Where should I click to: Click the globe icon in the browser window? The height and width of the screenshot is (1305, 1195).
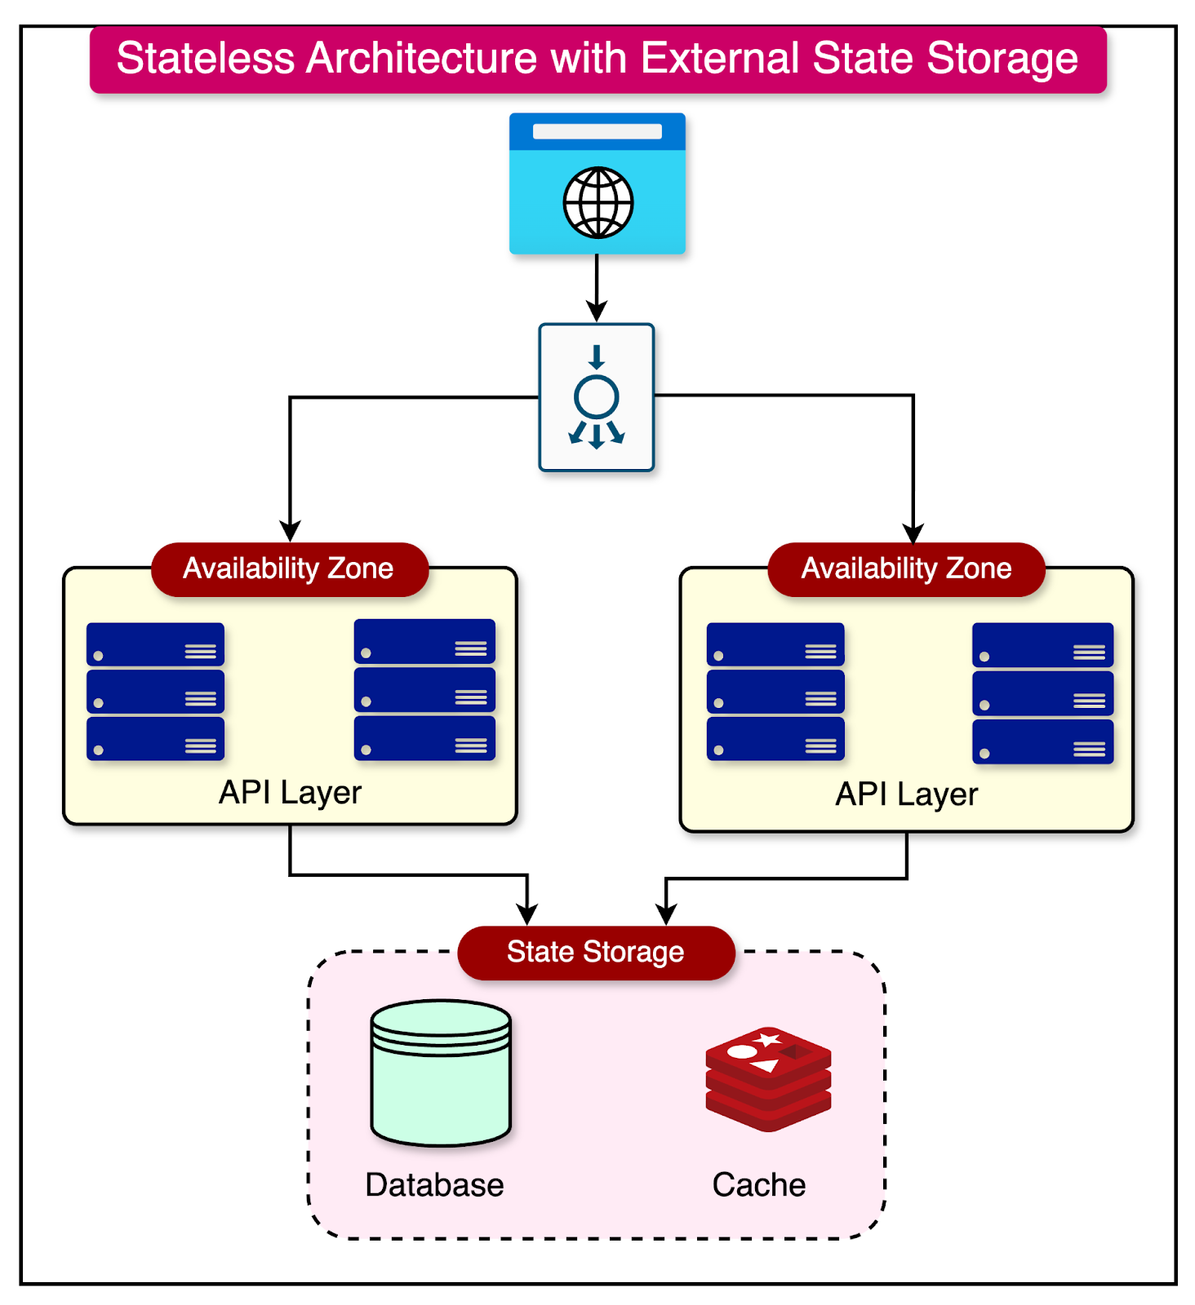pos(597,202)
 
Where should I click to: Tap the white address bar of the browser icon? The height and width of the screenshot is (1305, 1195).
pos(597,131)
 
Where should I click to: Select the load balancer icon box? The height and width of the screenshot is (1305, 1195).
pos(597,397)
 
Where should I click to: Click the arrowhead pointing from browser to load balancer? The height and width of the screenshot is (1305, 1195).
pos(597,311)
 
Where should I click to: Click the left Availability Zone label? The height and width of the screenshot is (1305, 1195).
pos(289,568)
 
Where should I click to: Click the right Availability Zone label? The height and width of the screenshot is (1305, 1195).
pos(906,568)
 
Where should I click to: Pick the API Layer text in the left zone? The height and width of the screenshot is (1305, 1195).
pos(290,793)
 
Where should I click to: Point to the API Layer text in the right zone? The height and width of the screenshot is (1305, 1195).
pos(906,794)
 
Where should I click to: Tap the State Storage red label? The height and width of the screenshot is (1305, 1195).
pos(596,952)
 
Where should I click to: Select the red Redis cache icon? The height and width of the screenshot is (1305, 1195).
pos(768,1078)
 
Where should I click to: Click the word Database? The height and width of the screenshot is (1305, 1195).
pos(434,1185)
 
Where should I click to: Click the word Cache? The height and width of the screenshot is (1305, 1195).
pos(758,1185)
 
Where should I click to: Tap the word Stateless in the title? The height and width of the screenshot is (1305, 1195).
pos(205,59)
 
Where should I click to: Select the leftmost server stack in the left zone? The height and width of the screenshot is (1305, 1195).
pos(155,692)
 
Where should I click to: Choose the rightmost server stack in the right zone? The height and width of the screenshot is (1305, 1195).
pos(1042,693)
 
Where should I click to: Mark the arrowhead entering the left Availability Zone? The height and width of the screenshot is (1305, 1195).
pos(290,531)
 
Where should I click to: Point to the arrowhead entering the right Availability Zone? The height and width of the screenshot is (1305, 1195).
pos(913,533)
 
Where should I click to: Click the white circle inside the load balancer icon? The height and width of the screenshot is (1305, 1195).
pos(597,397)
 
